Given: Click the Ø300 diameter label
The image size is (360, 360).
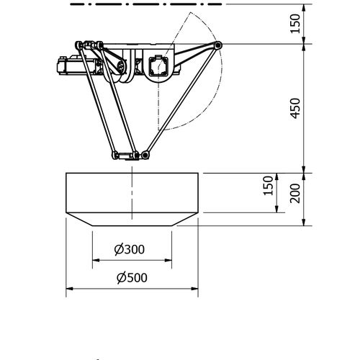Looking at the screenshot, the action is (x=130, y=249).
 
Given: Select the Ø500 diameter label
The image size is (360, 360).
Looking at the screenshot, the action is (x=132, y=278).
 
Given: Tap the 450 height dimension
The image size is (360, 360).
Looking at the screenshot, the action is (x=295, y=108).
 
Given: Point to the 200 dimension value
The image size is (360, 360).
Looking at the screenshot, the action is (x=295, y=193).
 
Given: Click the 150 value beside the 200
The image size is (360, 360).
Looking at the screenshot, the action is (x=268, y=186).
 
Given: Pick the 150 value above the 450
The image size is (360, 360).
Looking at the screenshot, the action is (x=295, y=24).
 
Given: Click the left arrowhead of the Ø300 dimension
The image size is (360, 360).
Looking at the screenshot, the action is (x=96, y=260).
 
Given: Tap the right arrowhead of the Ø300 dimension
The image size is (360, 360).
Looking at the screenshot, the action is (x=168, y=260).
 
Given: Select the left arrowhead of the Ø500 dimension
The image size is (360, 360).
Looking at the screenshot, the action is (x=70, y=289).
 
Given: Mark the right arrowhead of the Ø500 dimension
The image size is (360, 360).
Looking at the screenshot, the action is (x=194, y=289).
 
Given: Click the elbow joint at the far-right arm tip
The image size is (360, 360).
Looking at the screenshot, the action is (x=217, y=45).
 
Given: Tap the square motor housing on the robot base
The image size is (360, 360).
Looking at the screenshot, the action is (x=158, y=65).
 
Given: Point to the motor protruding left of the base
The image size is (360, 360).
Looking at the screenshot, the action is (x=71, y=65).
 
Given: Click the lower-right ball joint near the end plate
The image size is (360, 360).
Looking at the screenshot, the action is (x=145, y=155).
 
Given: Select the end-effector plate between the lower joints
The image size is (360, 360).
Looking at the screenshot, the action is (x=125, y=156).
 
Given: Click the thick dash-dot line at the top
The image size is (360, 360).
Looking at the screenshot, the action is (x=146, y=4).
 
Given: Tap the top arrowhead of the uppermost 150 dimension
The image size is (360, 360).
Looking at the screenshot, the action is (x=304, y=8).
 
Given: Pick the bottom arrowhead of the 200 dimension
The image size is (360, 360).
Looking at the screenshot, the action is (x=304, y=222).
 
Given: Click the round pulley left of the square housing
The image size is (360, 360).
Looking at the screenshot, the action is (x=121, y=66).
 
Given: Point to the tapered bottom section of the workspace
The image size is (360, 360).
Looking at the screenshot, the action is (x=132, y=219).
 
